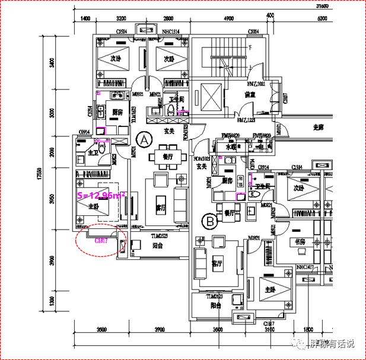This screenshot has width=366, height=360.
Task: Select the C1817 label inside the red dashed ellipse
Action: [x=100, y=241]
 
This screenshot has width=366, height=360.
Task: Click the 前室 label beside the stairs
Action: [x=249, y=93]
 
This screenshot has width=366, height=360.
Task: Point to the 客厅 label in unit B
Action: [x=217, y=263]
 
